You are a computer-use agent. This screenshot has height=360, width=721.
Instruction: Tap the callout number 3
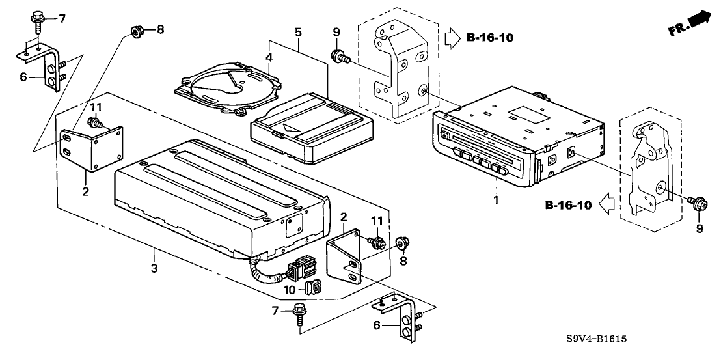(154, 269)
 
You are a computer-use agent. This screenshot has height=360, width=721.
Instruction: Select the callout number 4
(268, 59)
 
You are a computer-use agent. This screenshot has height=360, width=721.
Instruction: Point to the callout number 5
(297, 31)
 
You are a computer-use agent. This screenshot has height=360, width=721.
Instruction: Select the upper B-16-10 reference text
(490, 37)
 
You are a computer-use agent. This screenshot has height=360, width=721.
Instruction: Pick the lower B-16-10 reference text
(568, 206)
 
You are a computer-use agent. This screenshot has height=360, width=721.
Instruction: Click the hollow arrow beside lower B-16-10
(606, 206)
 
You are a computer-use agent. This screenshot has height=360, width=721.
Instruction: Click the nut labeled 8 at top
(136, 30)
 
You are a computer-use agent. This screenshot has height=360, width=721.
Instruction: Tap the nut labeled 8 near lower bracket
(401, 244)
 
